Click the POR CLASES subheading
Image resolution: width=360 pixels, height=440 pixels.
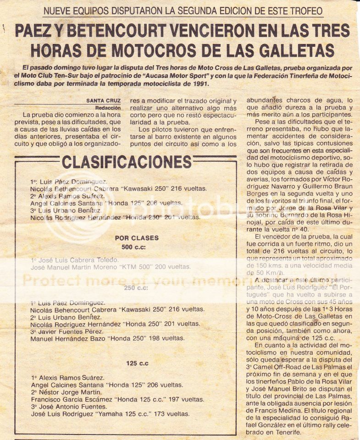pyautogui.click(x=137, y=238)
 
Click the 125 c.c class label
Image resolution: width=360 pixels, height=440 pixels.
pyautogui.click(x=137, y=363)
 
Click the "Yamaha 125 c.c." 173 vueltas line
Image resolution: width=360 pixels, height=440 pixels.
pyautogui.click(x=110, y=414)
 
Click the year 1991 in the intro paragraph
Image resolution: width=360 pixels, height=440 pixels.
pyautogui.click(x=199, y=84)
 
